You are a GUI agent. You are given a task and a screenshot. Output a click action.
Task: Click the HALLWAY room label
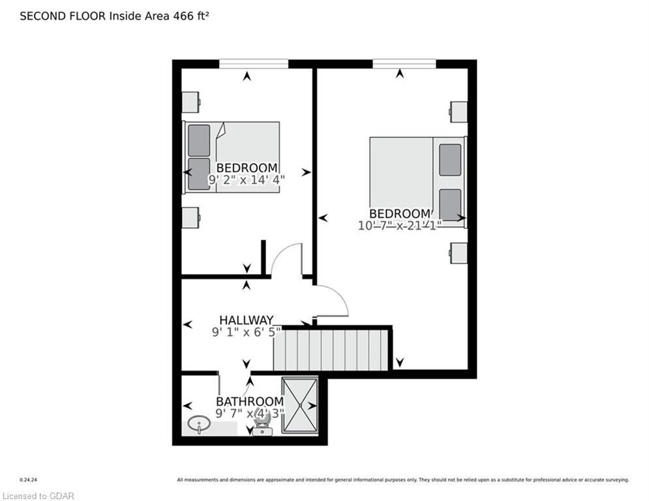point(247,320)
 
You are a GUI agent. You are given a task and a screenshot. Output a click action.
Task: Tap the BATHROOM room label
point(250,401)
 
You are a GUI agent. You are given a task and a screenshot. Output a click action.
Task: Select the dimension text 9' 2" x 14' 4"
point(247,179)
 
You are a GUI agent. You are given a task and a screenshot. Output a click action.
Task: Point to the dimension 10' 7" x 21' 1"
point(400,225)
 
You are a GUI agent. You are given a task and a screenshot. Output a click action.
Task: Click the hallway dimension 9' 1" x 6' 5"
point(247,332)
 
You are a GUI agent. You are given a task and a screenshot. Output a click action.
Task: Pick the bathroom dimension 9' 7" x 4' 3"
point(250,413)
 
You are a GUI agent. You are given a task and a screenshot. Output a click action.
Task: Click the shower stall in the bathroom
point(300,405)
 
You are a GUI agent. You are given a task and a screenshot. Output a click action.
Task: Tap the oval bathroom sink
point(199,424)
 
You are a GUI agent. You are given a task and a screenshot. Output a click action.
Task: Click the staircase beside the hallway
point(331,350)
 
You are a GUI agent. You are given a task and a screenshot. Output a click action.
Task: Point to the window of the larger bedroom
point(404,63)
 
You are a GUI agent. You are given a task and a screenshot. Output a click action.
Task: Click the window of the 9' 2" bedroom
point(254,63)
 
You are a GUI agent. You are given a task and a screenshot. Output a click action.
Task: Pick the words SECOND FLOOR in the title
point(63,16)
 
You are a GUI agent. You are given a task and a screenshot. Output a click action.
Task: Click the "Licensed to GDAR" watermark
point(38,496)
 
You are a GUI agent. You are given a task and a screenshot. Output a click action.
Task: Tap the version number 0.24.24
point(29,480)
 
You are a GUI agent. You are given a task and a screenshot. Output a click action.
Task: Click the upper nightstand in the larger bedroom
point(458,112)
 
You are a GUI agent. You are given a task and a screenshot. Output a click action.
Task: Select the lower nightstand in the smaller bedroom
point(191,217)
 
